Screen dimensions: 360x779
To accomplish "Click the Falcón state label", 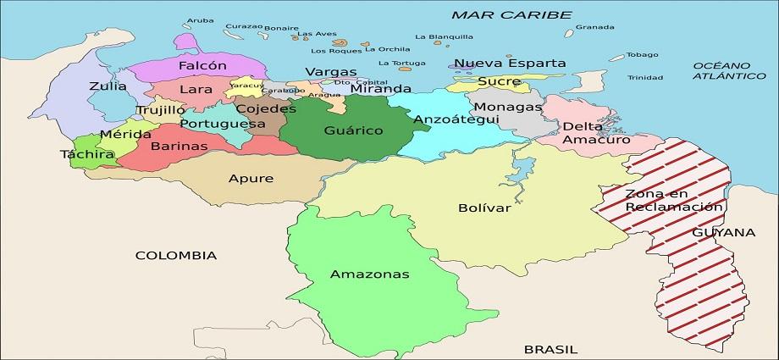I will point(202,65).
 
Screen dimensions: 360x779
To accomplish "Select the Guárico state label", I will point(353,130).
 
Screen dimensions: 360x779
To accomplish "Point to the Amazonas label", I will point(369,274).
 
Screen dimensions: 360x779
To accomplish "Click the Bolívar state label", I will point(484,208).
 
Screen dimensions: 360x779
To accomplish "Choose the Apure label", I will point(251,179).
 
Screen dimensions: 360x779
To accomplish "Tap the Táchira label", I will point(87,155).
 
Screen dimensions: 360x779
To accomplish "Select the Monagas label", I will point(507,108).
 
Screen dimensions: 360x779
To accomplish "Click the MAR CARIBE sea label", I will point(511,14).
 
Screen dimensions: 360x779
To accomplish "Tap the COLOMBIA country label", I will point(176,255).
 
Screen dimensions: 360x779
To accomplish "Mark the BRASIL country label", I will point(550,348).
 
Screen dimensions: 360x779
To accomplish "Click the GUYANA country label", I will point(723,232).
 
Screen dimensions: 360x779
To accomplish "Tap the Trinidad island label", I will point(645,78).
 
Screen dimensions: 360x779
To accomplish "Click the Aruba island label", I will point(200,19).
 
